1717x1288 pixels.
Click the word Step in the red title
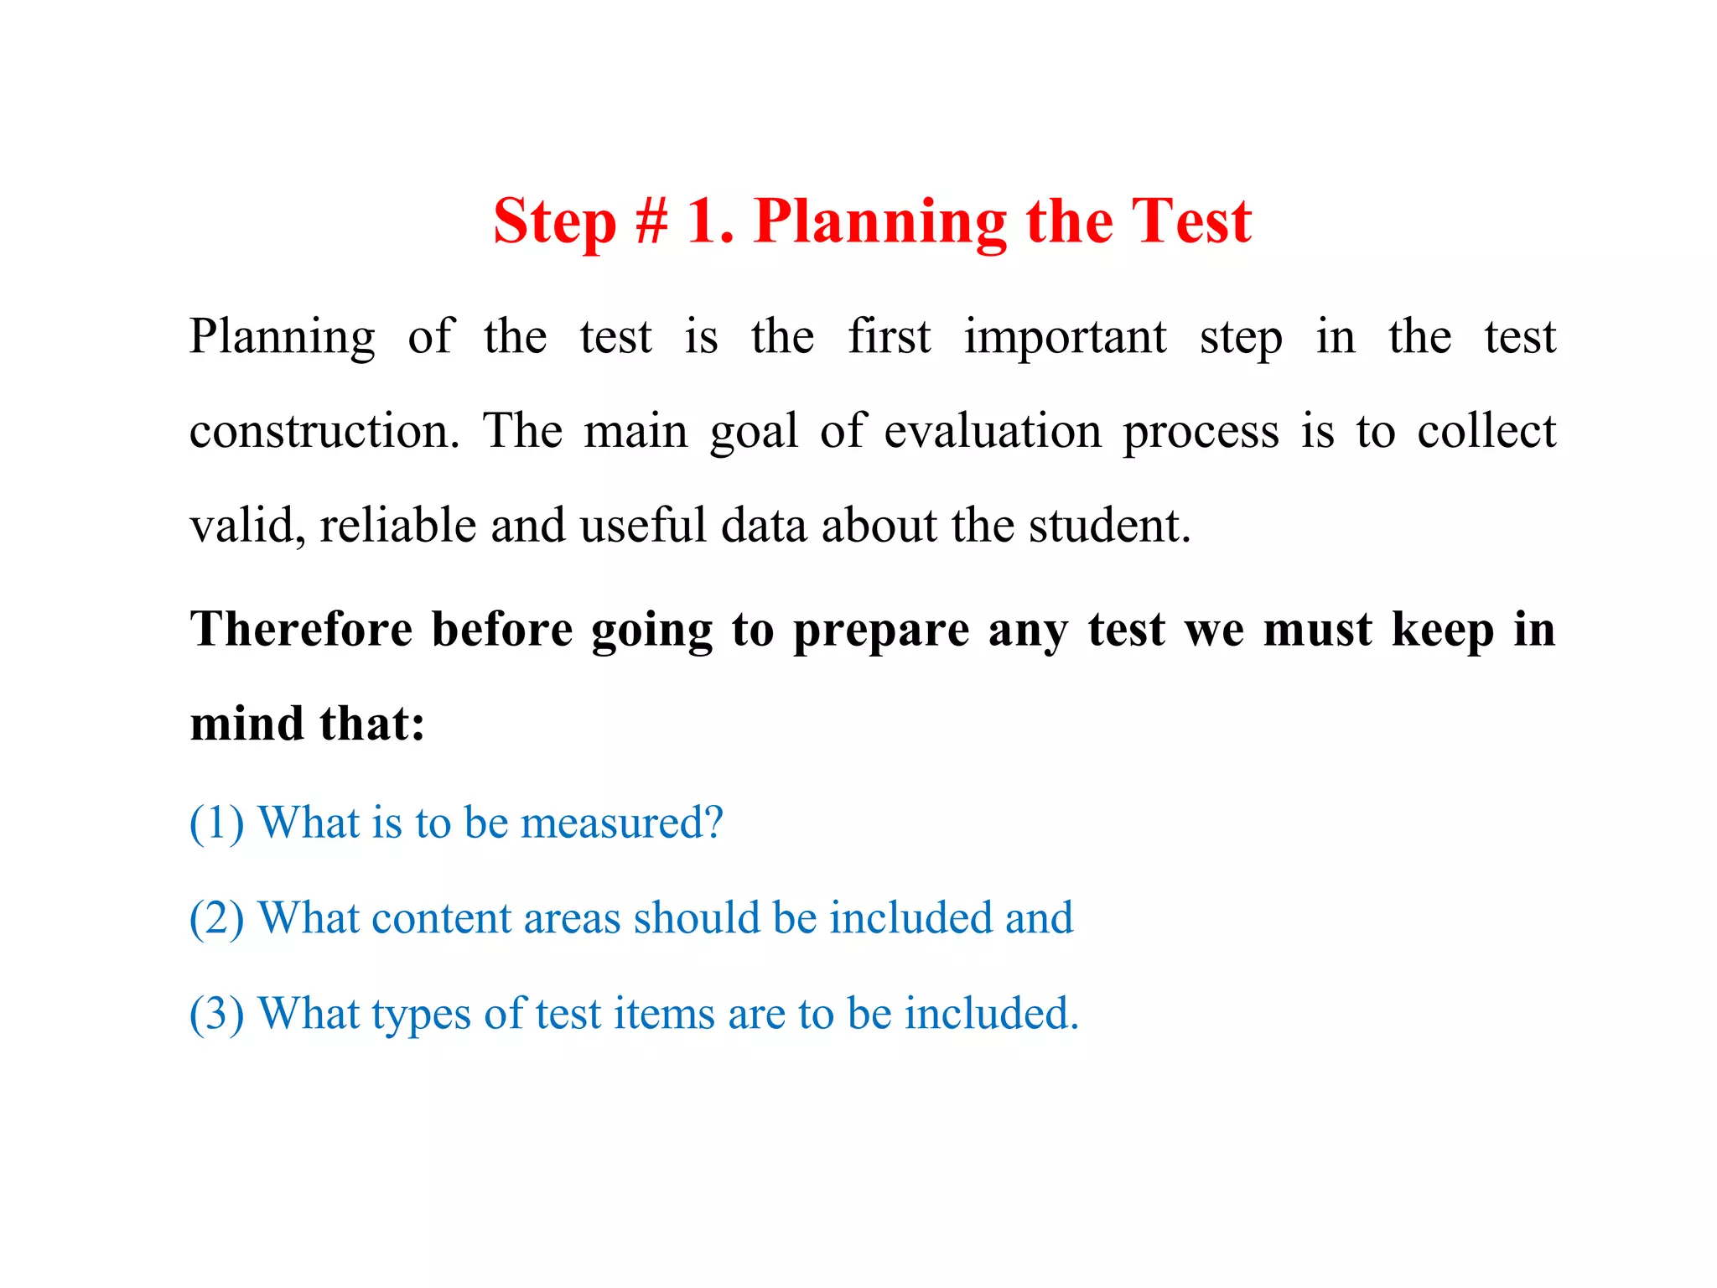pyautogui.click(x=554, y=222)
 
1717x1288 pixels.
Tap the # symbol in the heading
pyautogui.click(x=651, y=222)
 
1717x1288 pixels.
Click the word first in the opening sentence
pyautogui.click(x=889, y=337)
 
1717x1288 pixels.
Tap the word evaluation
pyautogui.click(x=993, y=431)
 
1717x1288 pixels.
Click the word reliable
pyautogui.click(x=398, y=526)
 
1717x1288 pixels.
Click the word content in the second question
pyautogui.click(x=441, y=918)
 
